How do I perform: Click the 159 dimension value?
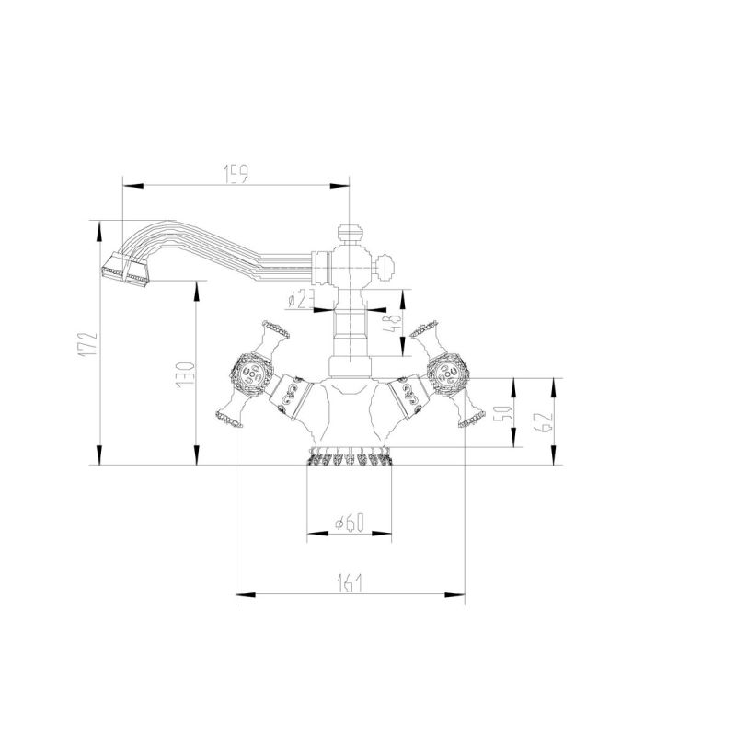tap(236, 174)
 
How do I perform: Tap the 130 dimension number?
tap(185, 375)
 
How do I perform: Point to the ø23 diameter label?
tap(301, 299)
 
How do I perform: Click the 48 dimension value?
tap(393, 323)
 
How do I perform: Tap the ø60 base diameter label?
tap(350, 523)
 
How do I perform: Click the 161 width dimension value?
tap(351, 583)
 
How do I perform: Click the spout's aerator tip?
tap(126, 270)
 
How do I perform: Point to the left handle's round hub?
tap(252, 374)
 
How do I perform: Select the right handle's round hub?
tap(448, 374)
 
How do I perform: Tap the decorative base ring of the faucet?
tap(350, 456)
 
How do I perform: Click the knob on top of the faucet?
tap(350, 234)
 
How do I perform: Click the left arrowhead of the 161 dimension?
tap(246, 595)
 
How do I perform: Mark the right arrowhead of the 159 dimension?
tap(339, 186)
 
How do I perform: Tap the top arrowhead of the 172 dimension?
tap(99, 232)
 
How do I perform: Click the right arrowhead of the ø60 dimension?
tap(382, 534)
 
